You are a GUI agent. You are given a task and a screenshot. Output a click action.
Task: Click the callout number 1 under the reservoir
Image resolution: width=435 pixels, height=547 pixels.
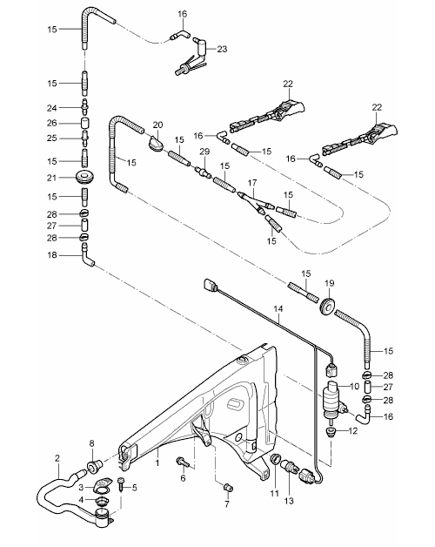[x=157, y=463]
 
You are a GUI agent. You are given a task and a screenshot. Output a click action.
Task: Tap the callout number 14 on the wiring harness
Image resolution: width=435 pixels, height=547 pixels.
[x=278, y=308]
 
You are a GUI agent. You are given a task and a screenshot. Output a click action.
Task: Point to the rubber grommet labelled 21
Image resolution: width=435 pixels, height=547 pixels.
[x=86, y=177]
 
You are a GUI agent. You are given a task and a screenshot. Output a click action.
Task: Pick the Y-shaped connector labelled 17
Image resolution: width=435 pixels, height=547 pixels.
[x=254, y=201]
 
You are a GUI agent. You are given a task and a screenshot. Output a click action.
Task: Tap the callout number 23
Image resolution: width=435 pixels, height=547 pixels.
[x=222, y=49]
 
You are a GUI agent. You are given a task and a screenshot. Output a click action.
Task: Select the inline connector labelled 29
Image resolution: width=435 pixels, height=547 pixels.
[x=203, y=172]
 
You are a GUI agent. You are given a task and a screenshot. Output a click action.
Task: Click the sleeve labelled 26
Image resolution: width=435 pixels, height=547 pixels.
[x=85, y=124]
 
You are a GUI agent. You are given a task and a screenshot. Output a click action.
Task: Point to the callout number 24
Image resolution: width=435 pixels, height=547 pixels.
[x=52, y=108]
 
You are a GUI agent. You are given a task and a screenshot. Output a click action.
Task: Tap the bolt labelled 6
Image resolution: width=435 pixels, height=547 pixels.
[x=183, y=463]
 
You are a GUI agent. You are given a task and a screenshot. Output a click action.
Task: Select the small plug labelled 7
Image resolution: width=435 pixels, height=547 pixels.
[x=229, y=488]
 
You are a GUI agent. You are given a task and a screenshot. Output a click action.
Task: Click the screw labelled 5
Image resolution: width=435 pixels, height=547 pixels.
[x=122, y=485]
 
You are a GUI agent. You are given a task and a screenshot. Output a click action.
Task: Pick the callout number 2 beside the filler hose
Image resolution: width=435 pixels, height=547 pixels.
[x=57, y=458]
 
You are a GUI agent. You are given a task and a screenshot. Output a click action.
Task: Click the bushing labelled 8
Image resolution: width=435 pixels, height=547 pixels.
[x=94, y=466]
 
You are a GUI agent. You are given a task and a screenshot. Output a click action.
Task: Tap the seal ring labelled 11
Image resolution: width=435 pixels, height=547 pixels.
[x=276, y=459]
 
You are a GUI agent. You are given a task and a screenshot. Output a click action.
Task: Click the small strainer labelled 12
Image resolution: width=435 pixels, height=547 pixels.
[x=330, y=433]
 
